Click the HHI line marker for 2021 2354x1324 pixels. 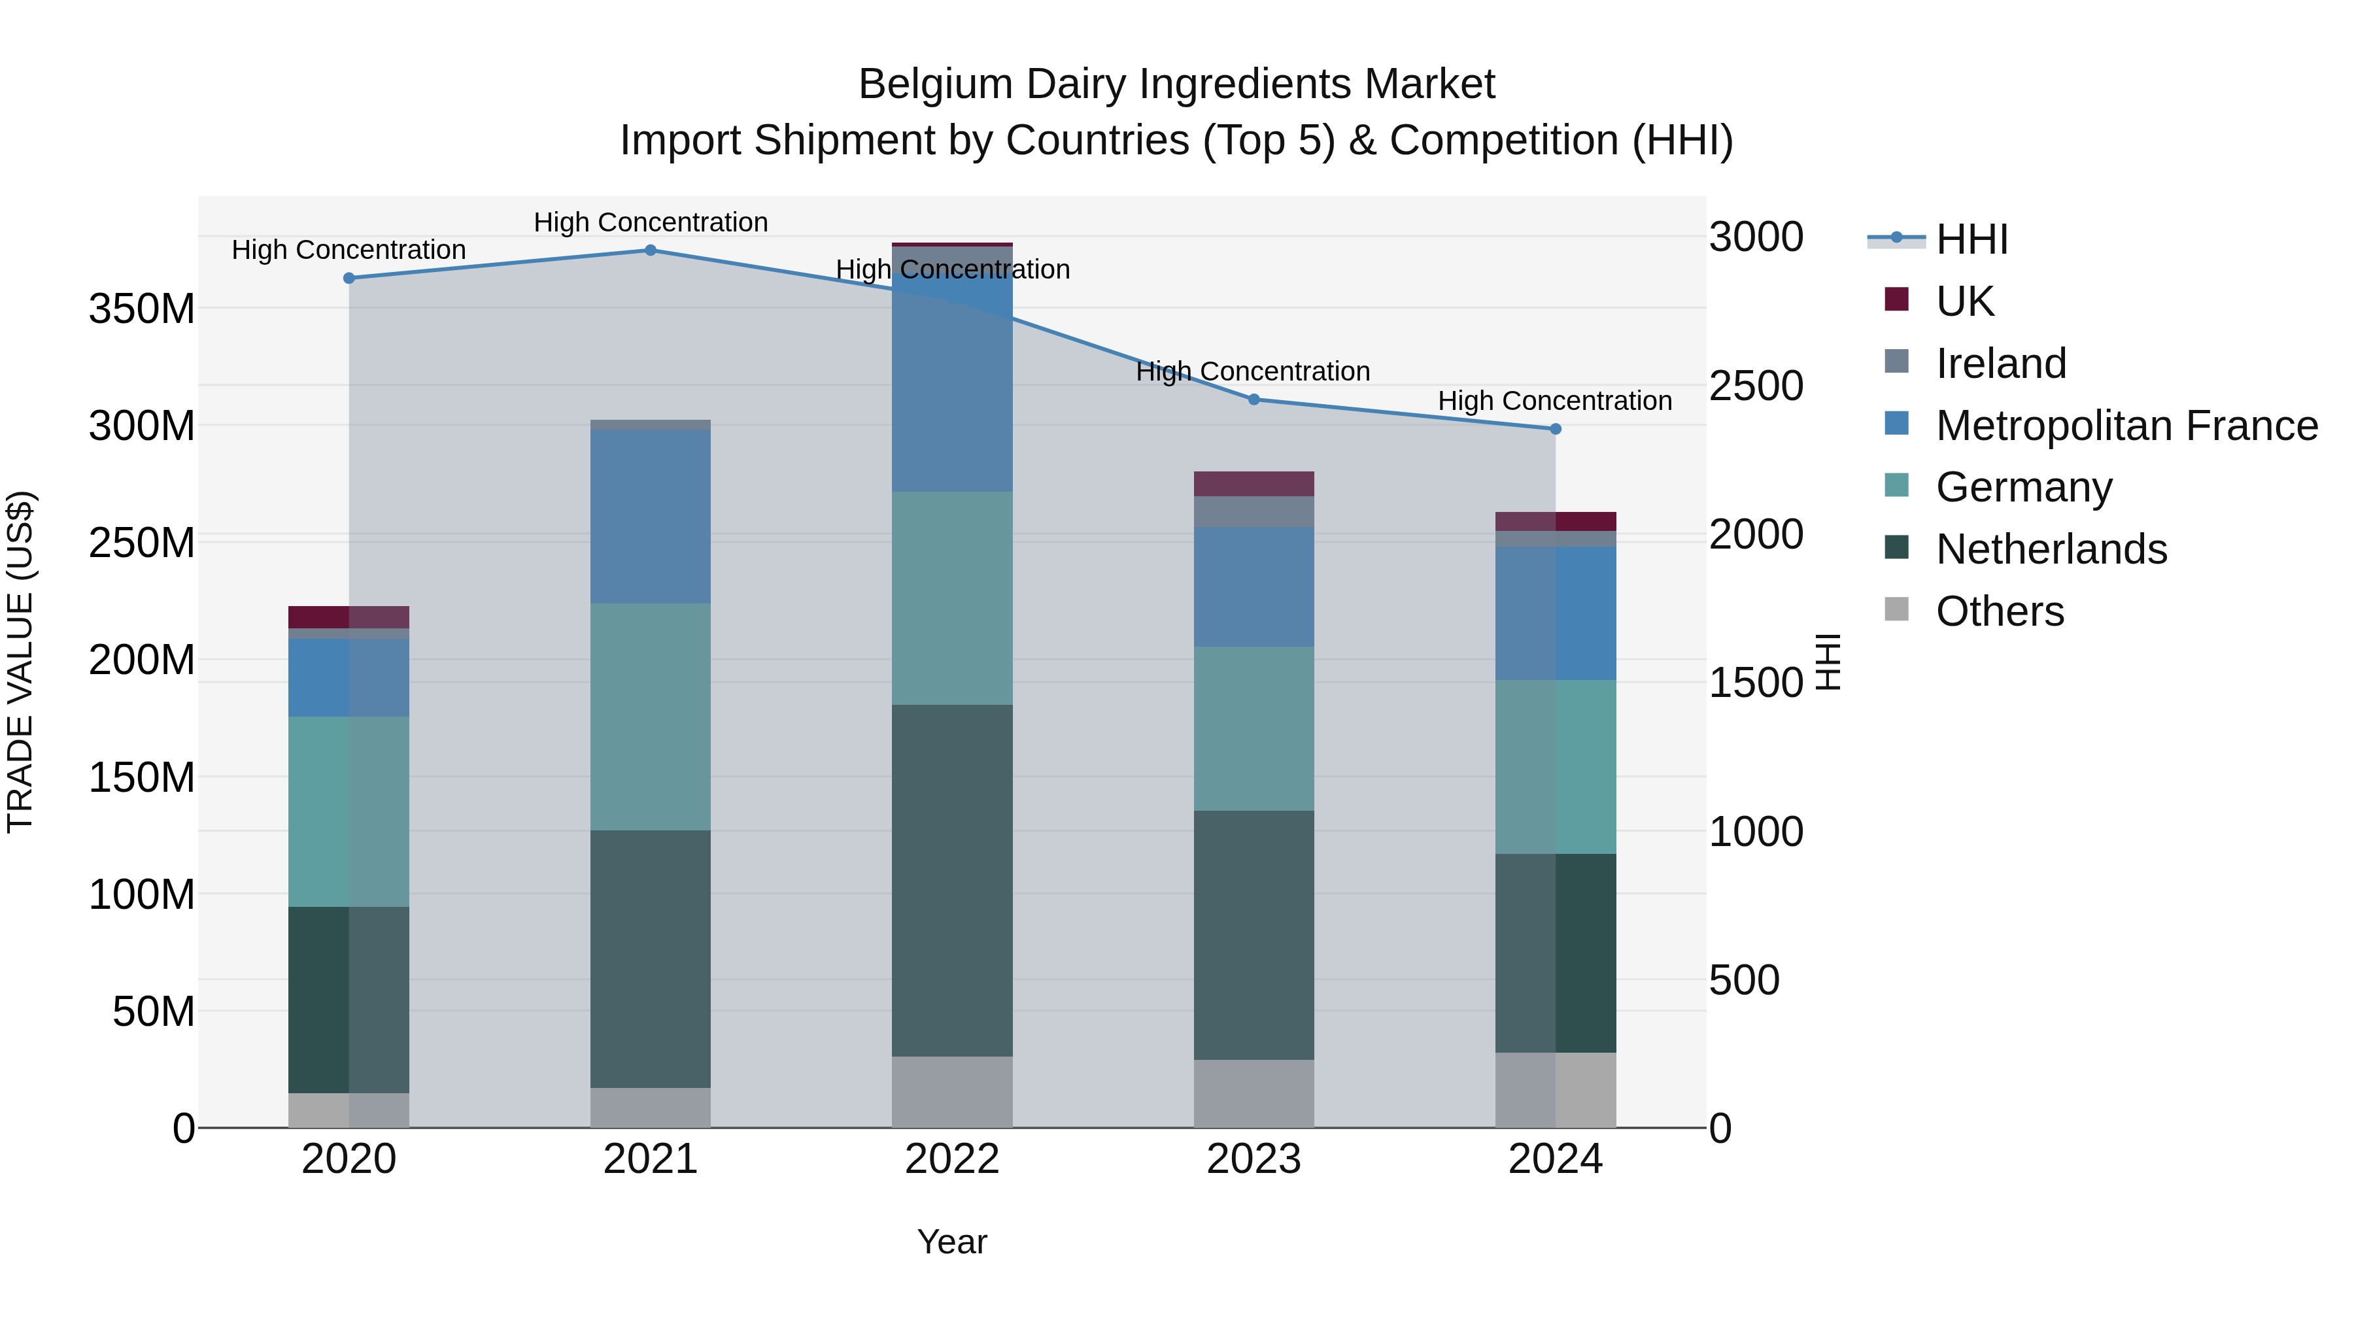click(x=651, y=250)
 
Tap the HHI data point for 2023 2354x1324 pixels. click(x=1254, y=399)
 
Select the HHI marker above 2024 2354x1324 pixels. click(x=1556, y=428)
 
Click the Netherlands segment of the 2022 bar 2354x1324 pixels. click(x=952, y=880)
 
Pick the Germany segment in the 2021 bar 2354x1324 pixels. click(x=651, y=717)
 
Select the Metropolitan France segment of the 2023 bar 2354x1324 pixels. click(x=1254, y=586)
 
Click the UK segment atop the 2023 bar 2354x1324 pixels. click(x=1254, y=483)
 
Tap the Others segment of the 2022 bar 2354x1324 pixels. click(x=952, y=1091)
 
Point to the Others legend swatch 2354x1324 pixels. click(x=1896, y=609)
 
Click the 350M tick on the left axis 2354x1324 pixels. click(x=142, y=309)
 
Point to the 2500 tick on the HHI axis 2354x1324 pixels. click(x=1756, y=386)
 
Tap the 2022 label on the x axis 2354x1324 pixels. click(x=952, y=1159)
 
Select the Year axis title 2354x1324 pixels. click(x=952, y=1242)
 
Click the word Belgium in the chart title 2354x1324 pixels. click(x=936, y=84)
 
